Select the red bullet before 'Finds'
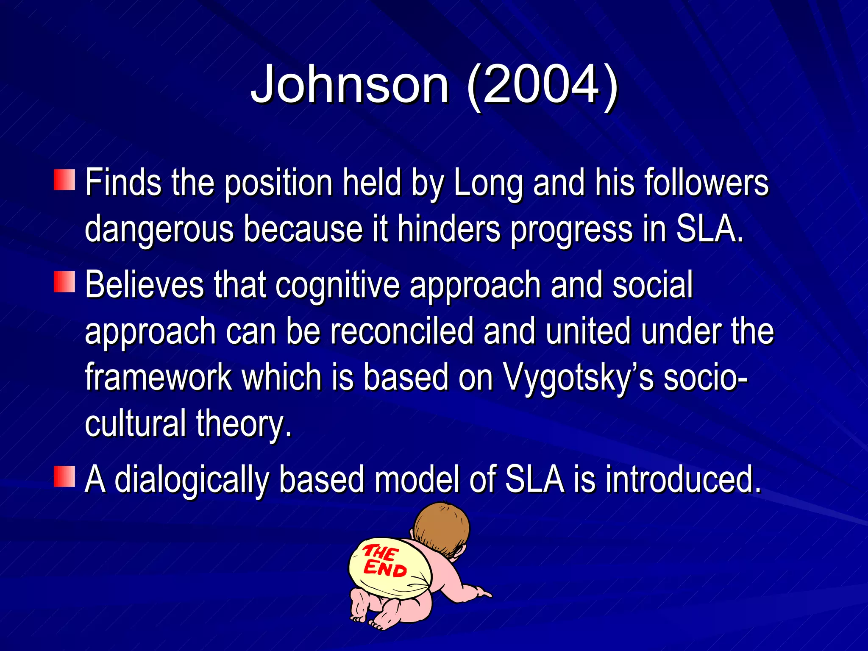64,180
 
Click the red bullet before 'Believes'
64,282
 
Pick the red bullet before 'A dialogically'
64,476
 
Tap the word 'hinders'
449,229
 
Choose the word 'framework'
158,377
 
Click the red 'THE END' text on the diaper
384,561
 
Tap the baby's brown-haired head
442,528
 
